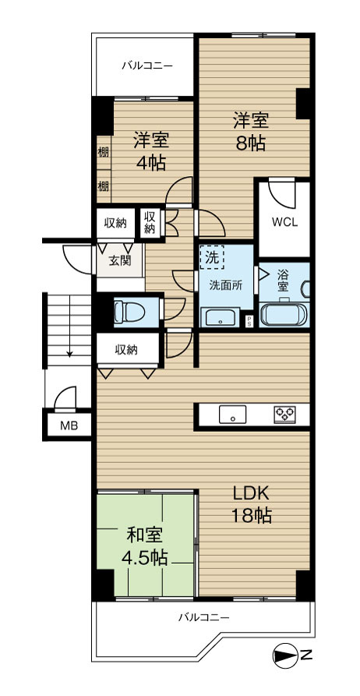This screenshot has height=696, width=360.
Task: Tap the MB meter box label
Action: click(69, 426)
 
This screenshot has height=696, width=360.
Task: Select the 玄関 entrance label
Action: click(120, 261)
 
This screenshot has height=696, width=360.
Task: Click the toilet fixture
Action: click(130, 312)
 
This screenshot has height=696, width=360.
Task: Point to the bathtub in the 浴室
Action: click(284, 314)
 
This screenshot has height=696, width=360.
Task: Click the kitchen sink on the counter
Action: click(232, 415)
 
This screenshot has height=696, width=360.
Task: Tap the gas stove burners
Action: click(284, 415)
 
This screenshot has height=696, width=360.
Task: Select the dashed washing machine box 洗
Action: click(213, 257)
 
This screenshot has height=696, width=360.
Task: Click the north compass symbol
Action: click(286, 655)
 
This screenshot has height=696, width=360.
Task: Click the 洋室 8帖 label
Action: click(250, 132)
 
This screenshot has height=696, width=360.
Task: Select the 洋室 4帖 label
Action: click(151, 152)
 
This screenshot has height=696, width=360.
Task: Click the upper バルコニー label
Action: click(147, 66)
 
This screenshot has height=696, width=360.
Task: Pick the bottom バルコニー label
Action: click(203, 617)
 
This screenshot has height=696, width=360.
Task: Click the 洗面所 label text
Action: click(226, 286)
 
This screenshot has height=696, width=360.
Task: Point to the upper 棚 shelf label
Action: click(103, 152)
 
